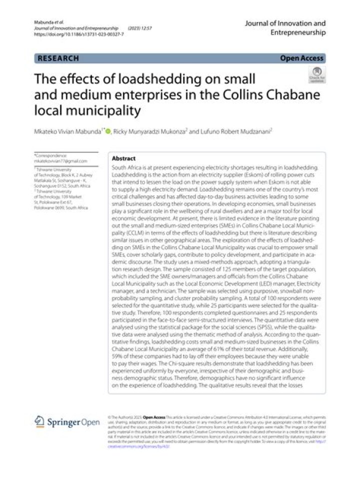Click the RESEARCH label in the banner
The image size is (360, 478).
(x=57, y=59)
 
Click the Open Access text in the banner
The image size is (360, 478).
(x=301, y=59)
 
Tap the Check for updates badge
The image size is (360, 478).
(x=317, y=75)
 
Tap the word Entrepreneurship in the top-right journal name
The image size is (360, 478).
(x=297, y=33)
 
